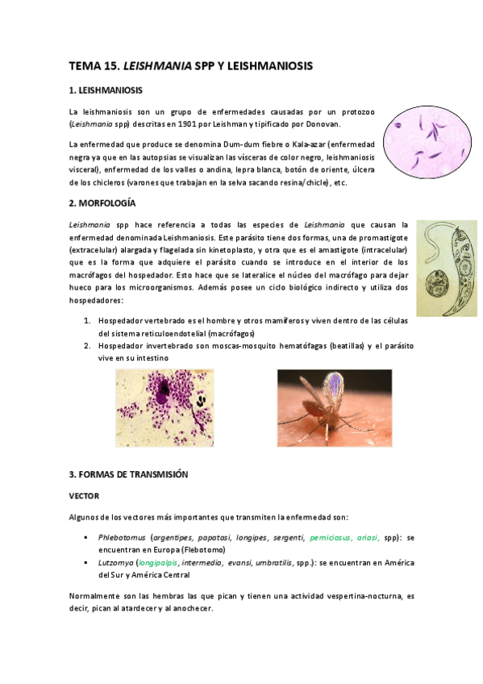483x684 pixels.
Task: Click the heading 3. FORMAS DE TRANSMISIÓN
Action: click(x=129, y=474)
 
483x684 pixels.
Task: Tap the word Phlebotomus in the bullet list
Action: click(x=122, y=536)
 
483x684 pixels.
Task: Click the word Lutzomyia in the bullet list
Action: click(x=115, y=563)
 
